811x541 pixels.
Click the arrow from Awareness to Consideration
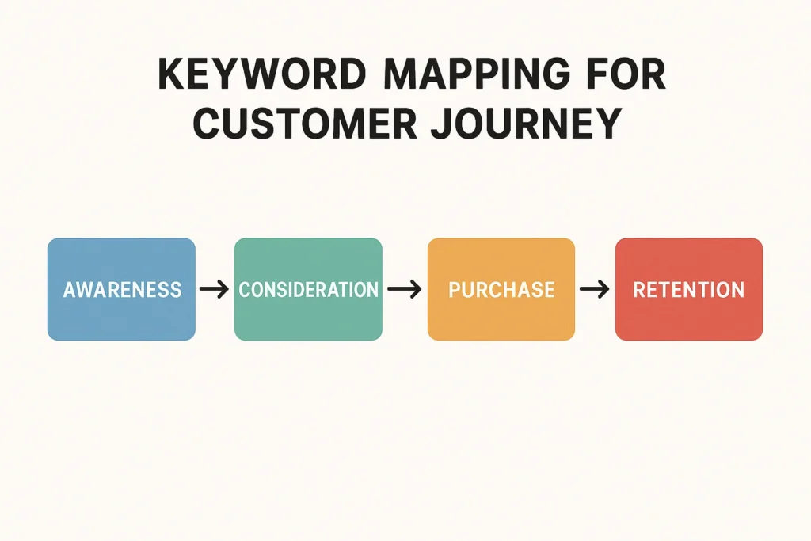pos(214,290)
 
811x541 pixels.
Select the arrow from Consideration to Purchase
pos(405,290)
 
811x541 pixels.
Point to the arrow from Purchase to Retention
pos(594,290)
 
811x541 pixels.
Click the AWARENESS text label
pos(122,290)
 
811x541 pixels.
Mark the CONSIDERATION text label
pos(308,290)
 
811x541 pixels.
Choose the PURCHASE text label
pos(501,290)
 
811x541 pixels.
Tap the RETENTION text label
pos(688,290)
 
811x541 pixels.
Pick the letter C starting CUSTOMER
pos(208,124)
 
